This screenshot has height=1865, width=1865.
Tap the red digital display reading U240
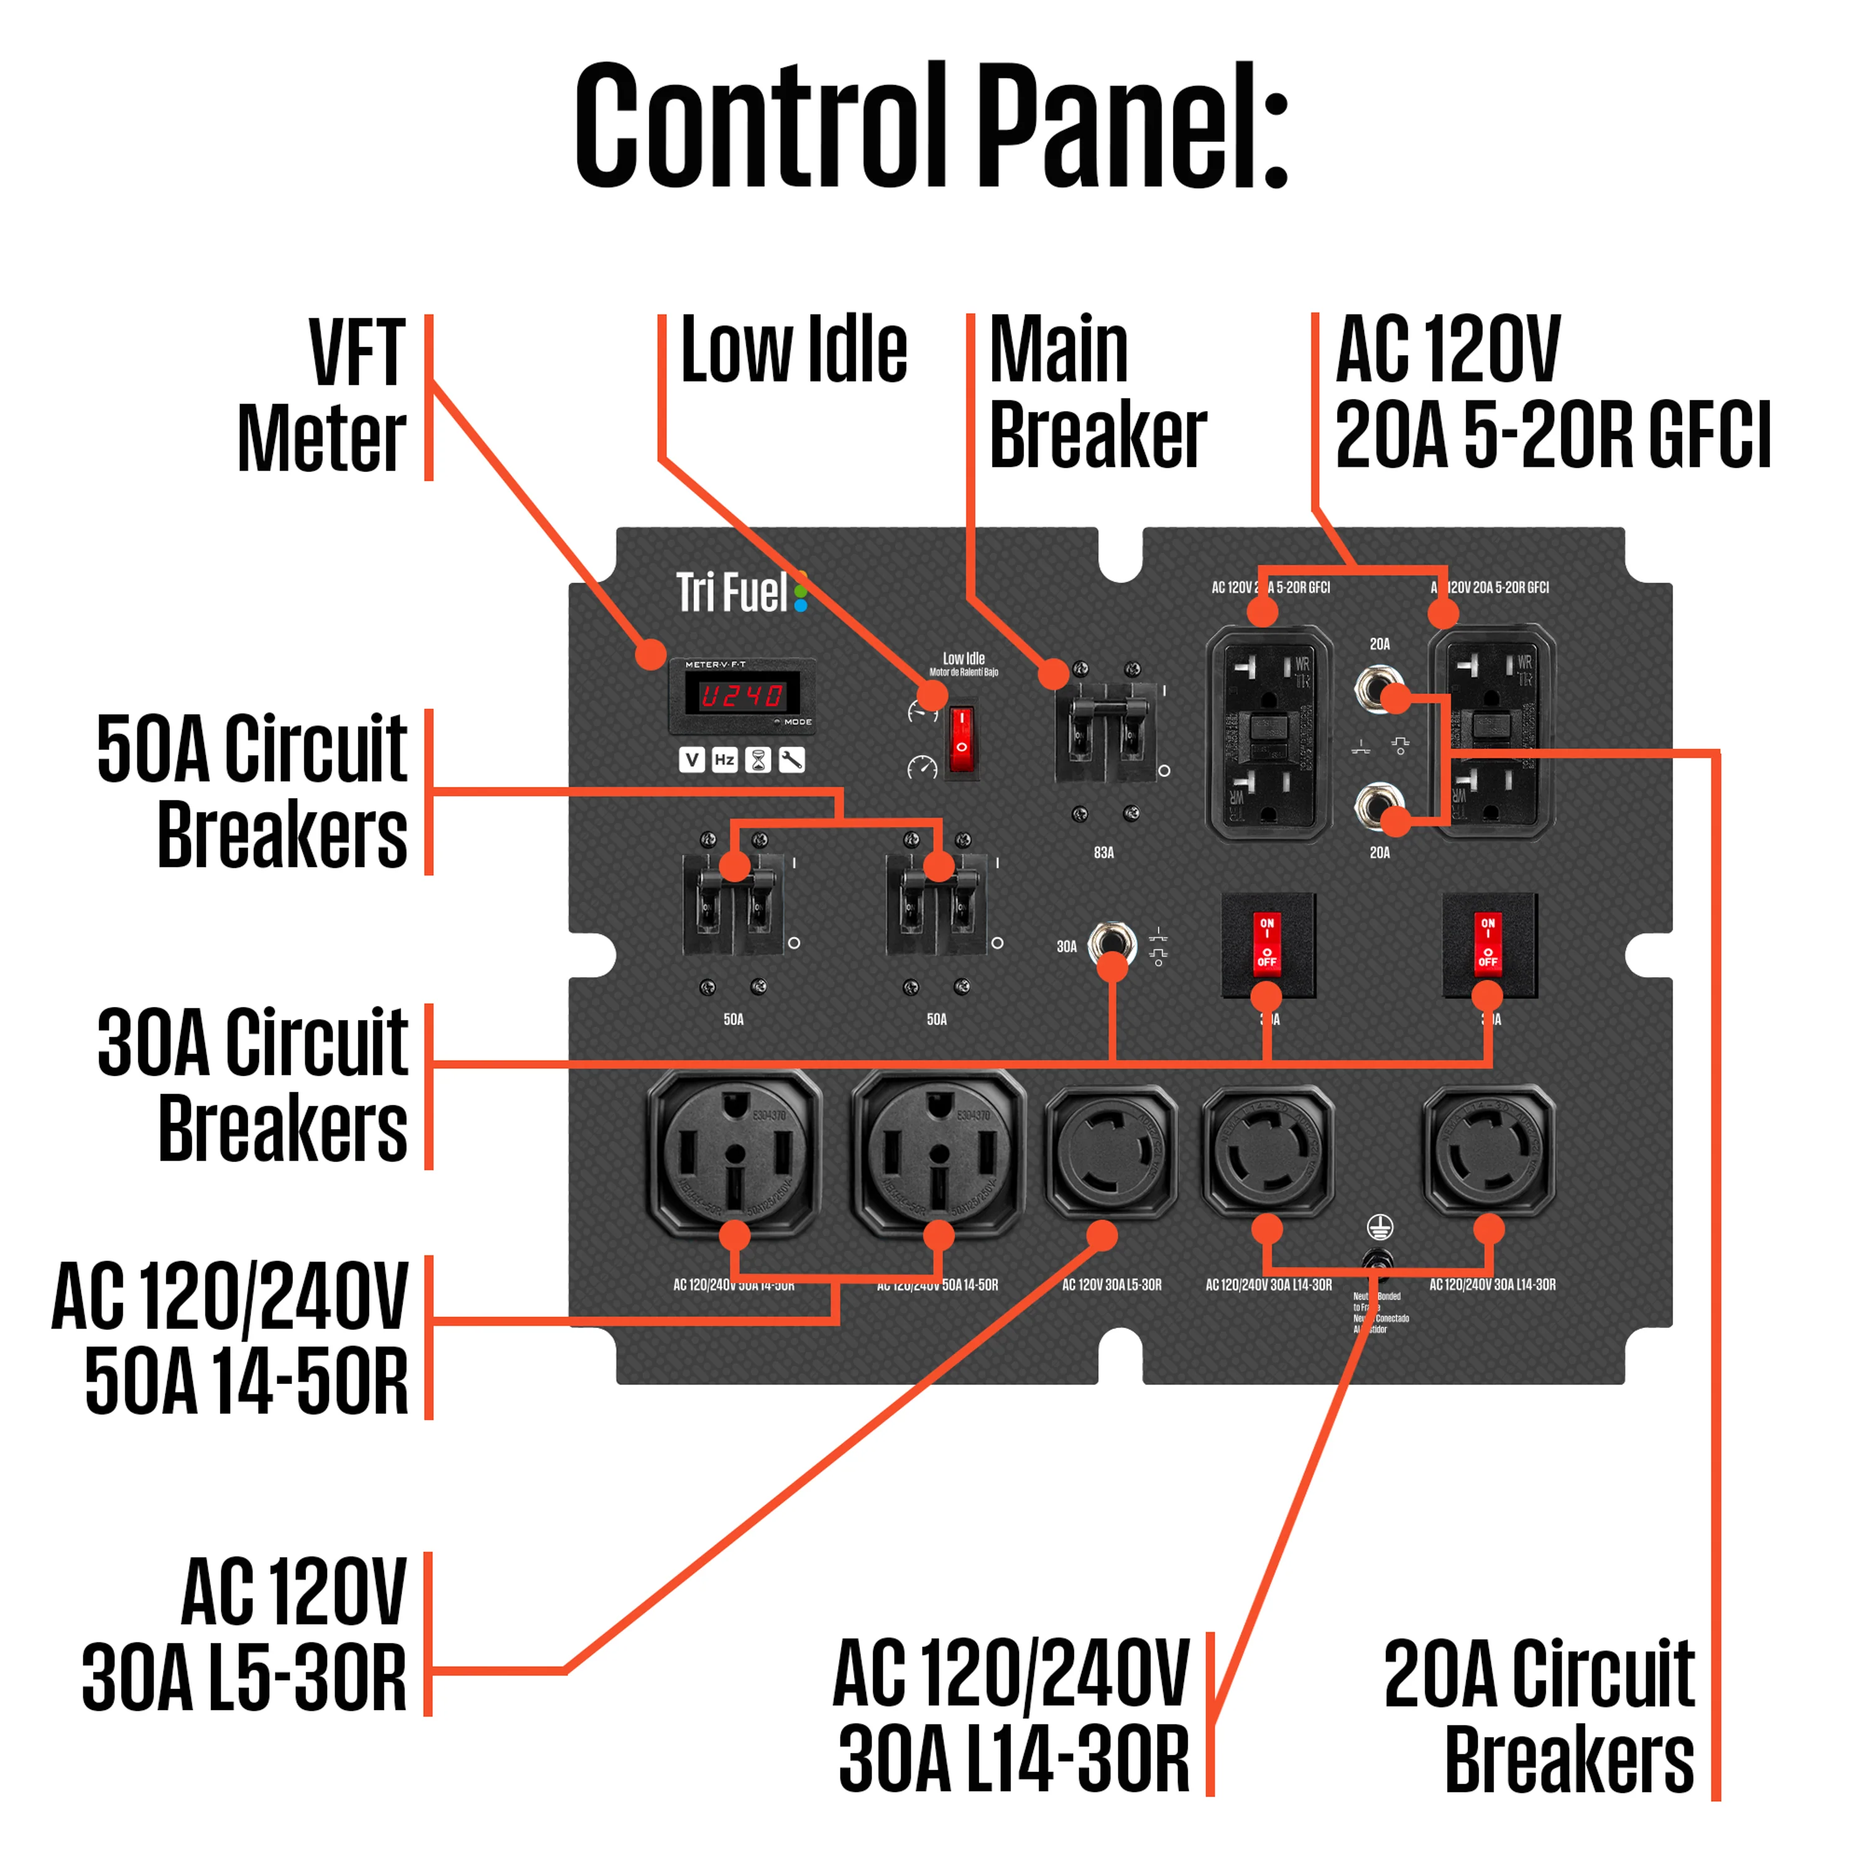pyautogui.click(x=742, y=695)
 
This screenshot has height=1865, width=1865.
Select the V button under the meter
pyautogui.click(x=691, y=761)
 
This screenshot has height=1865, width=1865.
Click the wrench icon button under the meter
pyautogui.click(x=791, y=761)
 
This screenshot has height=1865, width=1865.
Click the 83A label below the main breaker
pyautogui.click(x=1103, y=852)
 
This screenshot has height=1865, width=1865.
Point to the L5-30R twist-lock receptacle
pyautogui.click(x=1111, y=1149)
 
